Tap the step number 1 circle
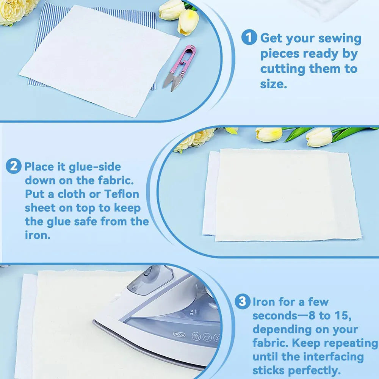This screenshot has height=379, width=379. [x=249, y=38]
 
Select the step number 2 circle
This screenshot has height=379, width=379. [x=14, y=166]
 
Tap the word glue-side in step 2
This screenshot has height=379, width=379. [x=95, y=166]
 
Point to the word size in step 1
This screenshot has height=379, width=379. [x=273, y=84]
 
